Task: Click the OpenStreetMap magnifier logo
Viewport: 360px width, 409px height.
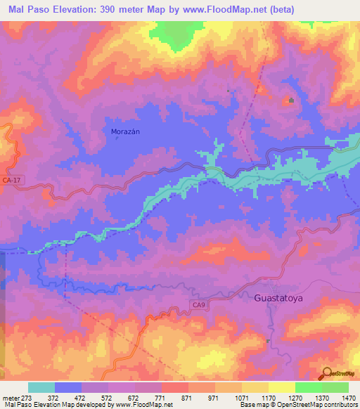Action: click(x=328, y=372)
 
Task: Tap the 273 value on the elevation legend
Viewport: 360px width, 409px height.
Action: click(x=27, y=397)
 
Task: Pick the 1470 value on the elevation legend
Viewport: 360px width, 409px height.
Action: click(x=348, y=397)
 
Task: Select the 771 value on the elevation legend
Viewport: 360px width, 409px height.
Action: click(x=161, y=397)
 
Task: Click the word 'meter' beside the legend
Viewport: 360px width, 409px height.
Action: click(x=9, y=397)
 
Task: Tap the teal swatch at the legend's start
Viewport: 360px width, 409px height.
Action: click(x=41, y=387)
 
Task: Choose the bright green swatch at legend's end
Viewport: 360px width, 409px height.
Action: click(x=335, y=387)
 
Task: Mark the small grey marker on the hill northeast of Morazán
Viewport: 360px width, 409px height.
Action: click(x=290, y=100)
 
